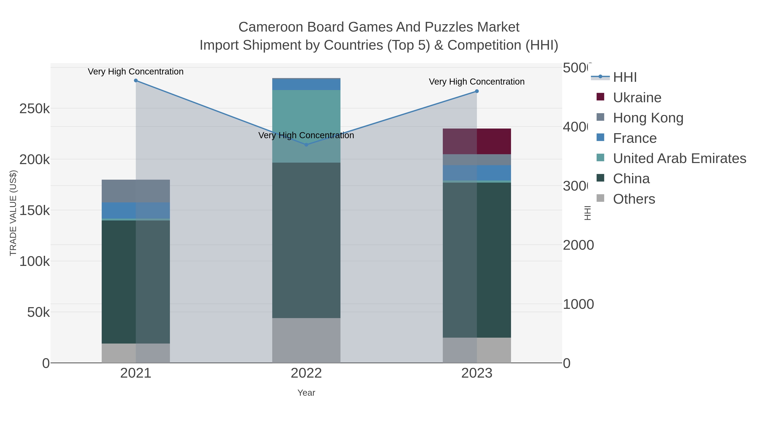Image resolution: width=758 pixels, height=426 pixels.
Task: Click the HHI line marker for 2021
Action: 136,81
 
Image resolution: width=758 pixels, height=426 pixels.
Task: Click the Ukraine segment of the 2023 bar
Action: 477,141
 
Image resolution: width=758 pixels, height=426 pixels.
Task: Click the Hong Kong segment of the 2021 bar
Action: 136,191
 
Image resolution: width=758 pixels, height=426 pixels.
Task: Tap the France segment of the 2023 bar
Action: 477,173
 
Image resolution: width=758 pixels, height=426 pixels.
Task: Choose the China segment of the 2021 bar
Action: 136,282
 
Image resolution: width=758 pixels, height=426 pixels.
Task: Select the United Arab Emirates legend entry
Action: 679,158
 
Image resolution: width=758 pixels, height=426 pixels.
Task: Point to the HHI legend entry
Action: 625,77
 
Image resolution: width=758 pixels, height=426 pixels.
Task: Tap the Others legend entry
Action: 634,199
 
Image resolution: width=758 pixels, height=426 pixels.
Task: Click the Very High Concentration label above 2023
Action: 477,82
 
